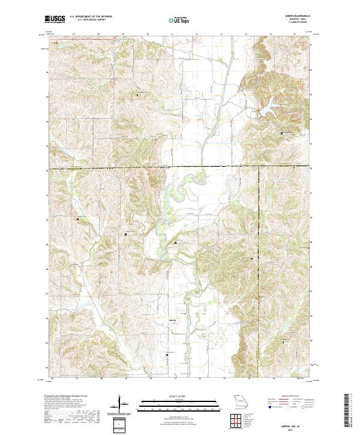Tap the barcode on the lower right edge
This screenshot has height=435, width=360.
coord(349,412)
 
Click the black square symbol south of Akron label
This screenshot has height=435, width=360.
coord(167,355)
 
